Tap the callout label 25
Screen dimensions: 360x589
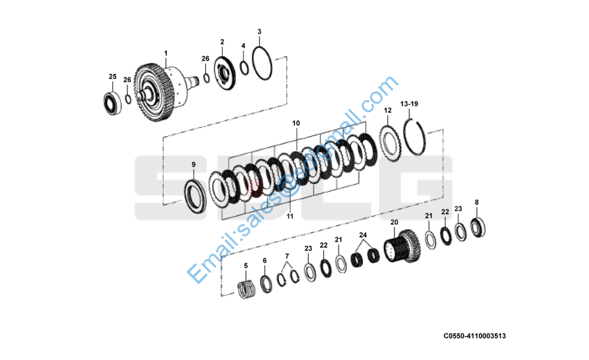[x=112, y=76]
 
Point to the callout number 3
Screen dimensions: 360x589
[x=259, y=32]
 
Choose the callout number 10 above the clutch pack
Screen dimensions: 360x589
[x=296, y=123]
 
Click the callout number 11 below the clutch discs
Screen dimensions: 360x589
[x=290, y=216]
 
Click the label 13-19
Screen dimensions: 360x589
[x=409, y=104]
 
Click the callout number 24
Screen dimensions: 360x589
[x=363, y=235]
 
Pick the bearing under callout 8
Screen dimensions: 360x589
[x=479, y=227]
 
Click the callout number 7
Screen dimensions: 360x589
[x=287, y=256]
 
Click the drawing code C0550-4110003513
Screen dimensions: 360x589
[x=474, y=336]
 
